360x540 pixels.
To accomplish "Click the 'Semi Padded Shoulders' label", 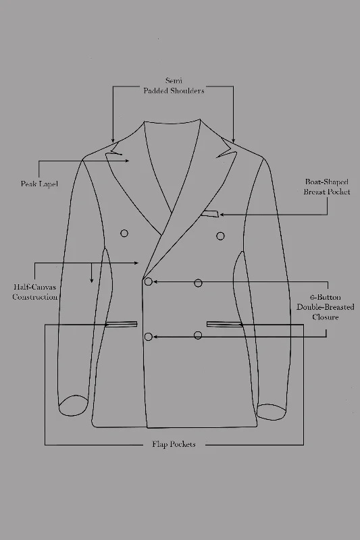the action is [174, 86].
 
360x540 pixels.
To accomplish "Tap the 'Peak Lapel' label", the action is [39, 184].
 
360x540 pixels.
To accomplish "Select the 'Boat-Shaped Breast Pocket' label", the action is [327, 187].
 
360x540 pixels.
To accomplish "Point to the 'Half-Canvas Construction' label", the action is [35, 292].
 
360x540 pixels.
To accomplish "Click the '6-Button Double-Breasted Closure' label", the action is [325, 307].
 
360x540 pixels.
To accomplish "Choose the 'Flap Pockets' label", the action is [174, 444].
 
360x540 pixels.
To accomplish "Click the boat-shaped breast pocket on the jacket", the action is [210, 214].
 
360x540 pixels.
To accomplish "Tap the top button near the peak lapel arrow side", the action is [124, 234].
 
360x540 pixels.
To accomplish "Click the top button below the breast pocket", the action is [220, 236].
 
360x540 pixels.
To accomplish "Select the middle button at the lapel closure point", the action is [149, 281].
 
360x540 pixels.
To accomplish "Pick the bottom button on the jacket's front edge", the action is [149, 337].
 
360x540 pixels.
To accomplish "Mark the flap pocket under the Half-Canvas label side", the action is [121, 324].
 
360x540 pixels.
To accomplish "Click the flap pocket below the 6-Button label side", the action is [224, 324].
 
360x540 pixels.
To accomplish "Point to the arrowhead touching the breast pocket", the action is [222, 215].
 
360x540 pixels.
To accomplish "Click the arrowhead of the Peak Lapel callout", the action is [127, 161].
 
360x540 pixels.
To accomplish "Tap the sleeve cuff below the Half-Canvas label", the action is [73, 406].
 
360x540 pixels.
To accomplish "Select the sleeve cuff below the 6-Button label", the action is [272, 412].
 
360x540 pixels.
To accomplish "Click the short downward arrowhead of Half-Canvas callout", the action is [91, 280].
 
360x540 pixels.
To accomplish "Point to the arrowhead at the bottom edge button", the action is [155, 337].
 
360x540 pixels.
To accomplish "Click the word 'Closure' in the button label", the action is [325, 317].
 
